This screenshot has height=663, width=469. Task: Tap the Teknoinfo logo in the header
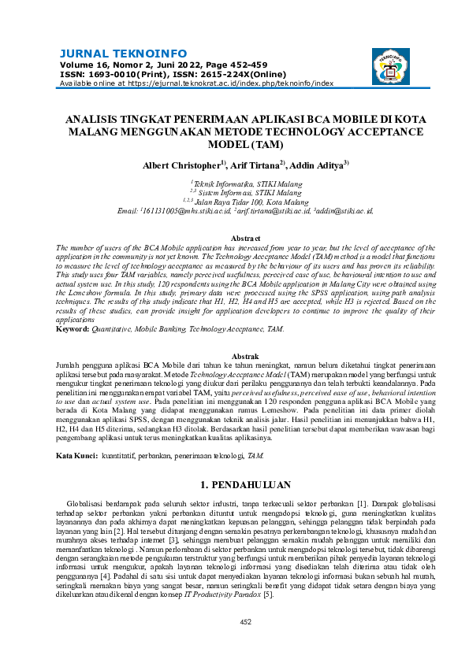(392, 66)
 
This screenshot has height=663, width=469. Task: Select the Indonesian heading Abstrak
(234, 357)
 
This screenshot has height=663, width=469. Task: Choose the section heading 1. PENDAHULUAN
(234, 484)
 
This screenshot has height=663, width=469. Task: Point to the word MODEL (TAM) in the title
(234, 144)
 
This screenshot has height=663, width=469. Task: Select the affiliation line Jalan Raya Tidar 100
(234, 202)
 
